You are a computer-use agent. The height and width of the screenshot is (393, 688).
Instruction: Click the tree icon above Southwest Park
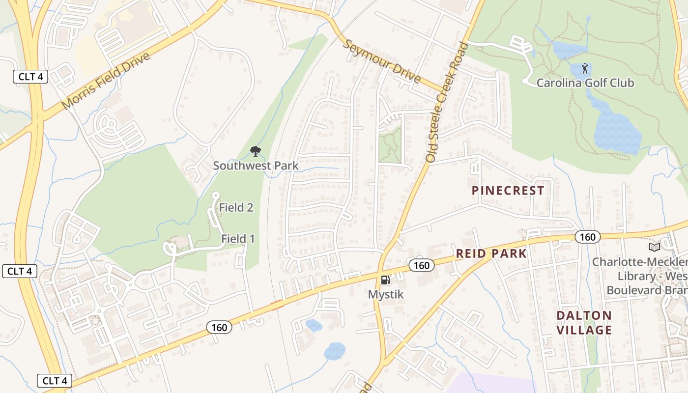(255, 151)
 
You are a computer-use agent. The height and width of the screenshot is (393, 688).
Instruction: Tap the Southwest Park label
(256, 166)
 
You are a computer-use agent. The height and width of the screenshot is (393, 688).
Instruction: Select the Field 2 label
(236, 207)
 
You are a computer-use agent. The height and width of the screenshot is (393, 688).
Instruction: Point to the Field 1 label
(238, 239)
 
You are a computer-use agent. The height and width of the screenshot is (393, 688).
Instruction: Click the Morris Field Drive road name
(106, 81)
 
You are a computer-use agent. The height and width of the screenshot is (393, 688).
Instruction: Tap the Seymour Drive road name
(381, 61)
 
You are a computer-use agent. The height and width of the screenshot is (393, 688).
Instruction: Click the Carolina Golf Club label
(585, 83)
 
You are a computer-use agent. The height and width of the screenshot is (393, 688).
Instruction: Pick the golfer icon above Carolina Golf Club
(585, 68)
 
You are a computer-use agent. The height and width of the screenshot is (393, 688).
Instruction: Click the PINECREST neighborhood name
(508, 191)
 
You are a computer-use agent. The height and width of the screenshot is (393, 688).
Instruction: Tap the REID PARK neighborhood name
(491, 253)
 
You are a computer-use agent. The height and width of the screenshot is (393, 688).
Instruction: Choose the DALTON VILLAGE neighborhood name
(584, 322)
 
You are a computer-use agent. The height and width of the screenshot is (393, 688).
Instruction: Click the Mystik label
(386, 294)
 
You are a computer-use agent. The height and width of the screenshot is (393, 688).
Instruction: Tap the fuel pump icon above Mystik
(386, 280)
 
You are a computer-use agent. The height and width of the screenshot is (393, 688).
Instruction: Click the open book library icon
(654, 247)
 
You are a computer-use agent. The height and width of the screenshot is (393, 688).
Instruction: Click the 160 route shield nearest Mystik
(421, 266)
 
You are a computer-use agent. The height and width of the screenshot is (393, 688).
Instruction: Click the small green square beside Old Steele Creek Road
(390, 144)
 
